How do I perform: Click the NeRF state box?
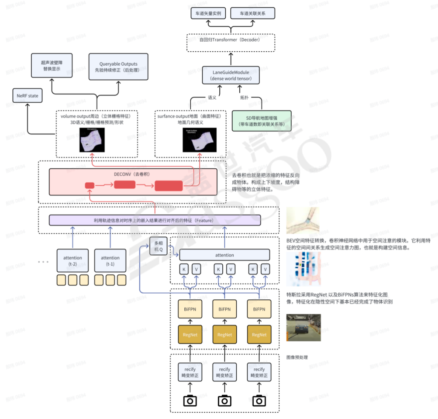[x=27, y=96]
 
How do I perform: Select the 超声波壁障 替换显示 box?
[x=52, y=66]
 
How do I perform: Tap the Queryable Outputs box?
[x=118, y=67]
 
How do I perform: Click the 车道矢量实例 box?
[x=208, y=14]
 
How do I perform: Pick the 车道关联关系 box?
[x=253, y=14]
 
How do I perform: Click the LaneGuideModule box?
[x=231, y=75]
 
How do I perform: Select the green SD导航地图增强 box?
[x=262, y=121]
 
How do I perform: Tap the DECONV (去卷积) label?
[x=132, y=174]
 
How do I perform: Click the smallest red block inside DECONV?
[x=90, y=185]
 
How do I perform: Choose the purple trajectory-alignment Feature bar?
[x=155, y=220]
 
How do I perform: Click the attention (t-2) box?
[x=73, y=260]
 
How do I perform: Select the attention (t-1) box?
[x=110, y=260]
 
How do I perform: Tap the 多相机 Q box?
[x=158, y=246]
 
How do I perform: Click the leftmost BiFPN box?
[x=190, y=309]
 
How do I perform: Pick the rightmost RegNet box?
[x=259, y=334]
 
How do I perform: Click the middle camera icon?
[x=225, y=401]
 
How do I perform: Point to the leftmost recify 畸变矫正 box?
[x=190, y=372]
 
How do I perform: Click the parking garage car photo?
[x=303, y=328]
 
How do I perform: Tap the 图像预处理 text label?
[x=297, y=357]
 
